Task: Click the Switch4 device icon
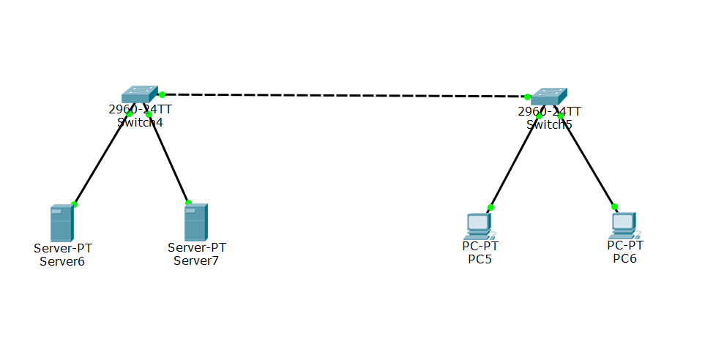(x=139, y=94)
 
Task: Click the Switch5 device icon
(x=548, y=97)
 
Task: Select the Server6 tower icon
(x=61, y=223)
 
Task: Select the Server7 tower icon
(x=195, y=222)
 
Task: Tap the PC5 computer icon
(x=480, y=225)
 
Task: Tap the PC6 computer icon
(x=624, y=225)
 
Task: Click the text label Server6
(x=62, y=260)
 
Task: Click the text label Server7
(x=196, y=260)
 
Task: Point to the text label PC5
(x=480, y=259)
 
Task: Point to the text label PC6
(x=624, y=259)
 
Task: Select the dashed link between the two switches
(x=344, y=95)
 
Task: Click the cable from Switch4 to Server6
(x=102, y=159)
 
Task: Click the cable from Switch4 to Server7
(x=168, y=158)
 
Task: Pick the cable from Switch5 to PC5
(x=515, y=161)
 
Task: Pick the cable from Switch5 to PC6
(x=587, y=161)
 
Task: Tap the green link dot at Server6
(x=75, y=204)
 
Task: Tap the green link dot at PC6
(x=614, y=206)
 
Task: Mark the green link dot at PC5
(x=490, y=207)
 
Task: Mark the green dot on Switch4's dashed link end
(x=162, y=94)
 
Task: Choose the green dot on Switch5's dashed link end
(x=526, y=96)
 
